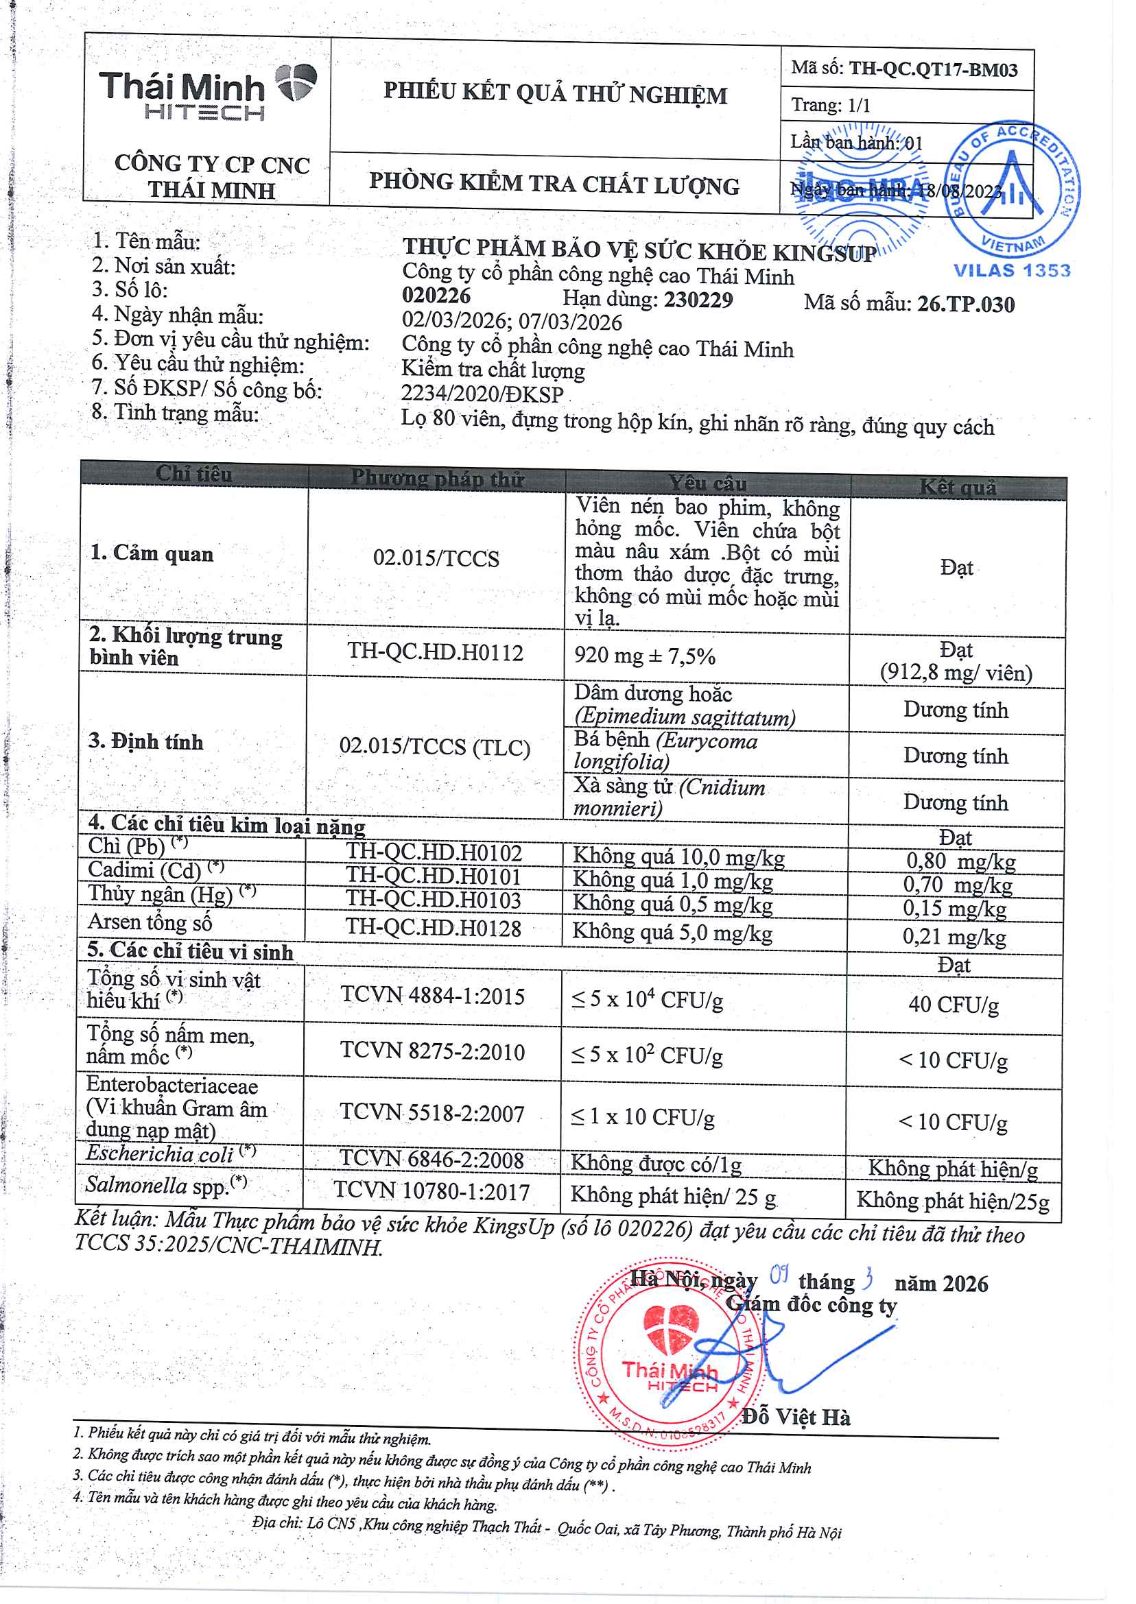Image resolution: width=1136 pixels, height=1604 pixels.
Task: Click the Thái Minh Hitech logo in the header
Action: click(x=207, y=94)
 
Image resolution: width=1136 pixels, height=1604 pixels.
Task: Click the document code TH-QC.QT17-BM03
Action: click(x=932, y=69)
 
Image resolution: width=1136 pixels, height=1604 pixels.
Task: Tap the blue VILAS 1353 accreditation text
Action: click(x=1011, y=271)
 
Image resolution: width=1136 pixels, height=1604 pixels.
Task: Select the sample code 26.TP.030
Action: click(x=965, y=304)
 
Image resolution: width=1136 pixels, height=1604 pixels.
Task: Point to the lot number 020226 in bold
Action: click(x=436, y=296)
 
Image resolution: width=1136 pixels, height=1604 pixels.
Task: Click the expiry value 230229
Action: click(x=698, y=300)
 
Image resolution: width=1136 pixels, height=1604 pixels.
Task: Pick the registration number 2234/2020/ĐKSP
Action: click(x=482, y=394)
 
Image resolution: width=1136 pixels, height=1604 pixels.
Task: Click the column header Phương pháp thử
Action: click(x=437, y=478)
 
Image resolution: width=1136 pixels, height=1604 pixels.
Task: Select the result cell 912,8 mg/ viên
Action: click(x=956, y=673)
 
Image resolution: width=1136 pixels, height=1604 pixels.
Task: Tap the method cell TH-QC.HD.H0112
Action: click(x=435, y=652)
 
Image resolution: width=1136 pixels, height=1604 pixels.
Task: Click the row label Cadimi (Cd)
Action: click(x=145, y=870)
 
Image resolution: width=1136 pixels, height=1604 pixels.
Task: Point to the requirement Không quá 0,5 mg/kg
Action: click(x=672, y=904)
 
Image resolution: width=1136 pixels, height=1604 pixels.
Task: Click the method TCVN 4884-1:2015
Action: click(x=432, y=996)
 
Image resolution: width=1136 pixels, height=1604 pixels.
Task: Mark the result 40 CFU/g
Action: click(x=953, y=1005)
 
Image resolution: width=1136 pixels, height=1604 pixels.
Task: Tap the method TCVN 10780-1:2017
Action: click(x=431, y=1191)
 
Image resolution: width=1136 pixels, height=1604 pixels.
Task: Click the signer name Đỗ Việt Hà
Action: click(x=796, y=1417)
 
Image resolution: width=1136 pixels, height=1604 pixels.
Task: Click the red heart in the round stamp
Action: click(x=670, y=1328)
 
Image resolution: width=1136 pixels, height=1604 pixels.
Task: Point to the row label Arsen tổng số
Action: click(x=150, y=923)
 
